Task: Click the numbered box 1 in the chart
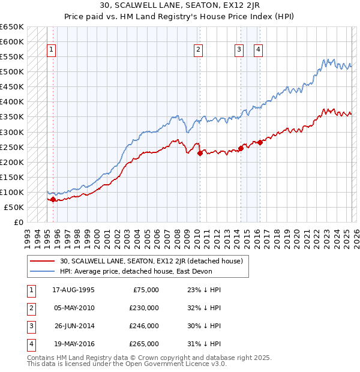point(52,50)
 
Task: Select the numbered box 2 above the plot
point(198,50)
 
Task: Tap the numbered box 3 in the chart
point(239,50)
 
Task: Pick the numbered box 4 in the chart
point(258,50)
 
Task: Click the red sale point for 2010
point(198,152)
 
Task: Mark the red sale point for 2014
point(241,148)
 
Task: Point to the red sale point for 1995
point(53,199)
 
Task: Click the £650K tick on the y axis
point(12,27)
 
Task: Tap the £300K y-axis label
point(12,132)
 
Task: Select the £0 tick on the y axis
point(18,222)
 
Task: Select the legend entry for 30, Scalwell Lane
point(151,261)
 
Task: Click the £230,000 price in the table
point(144,308)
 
